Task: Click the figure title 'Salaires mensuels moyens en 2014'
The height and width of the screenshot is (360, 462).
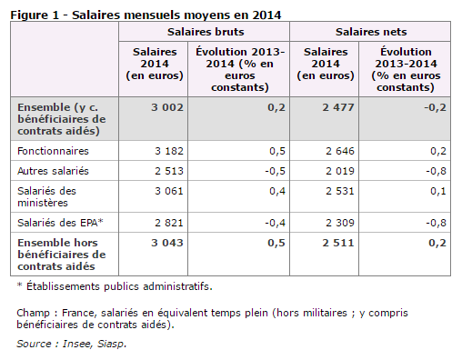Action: coord(176,15)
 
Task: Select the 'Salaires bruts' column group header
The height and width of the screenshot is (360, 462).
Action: coord(206,32)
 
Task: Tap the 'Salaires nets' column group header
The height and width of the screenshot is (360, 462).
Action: coord(371,32)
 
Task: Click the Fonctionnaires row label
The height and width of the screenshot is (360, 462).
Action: coord(53,151)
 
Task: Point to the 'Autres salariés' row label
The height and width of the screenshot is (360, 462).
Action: coord(53,171)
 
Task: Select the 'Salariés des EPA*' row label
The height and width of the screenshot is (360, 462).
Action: coord(60,223)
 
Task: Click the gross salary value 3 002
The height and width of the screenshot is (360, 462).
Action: coord(167,107)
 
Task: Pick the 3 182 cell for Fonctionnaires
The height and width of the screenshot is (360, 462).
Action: coord(169,151)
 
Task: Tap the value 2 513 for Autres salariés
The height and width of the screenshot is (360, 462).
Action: coord(169,171)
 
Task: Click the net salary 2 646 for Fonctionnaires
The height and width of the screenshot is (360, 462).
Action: coord(340,151)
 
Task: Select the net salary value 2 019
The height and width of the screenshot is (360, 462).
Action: coord(340,171)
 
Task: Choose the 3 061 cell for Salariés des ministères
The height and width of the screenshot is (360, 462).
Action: coord(169,191)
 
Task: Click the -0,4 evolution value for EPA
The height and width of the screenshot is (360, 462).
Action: coord(276,223)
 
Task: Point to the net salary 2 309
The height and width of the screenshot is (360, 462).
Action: coord(340,223)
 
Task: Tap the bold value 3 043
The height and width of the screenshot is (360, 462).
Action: coord(167,243)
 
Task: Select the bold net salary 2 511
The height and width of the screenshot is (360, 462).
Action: coord(338,243)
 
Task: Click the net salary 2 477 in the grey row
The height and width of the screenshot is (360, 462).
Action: coord(338,107)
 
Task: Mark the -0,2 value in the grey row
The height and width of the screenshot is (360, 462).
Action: coord(436,107)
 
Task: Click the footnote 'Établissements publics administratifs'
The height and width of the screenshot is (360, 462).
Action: coord(119,286)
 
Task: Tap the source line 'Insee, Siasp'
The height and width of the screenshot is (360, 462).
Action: coord(95,344)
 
